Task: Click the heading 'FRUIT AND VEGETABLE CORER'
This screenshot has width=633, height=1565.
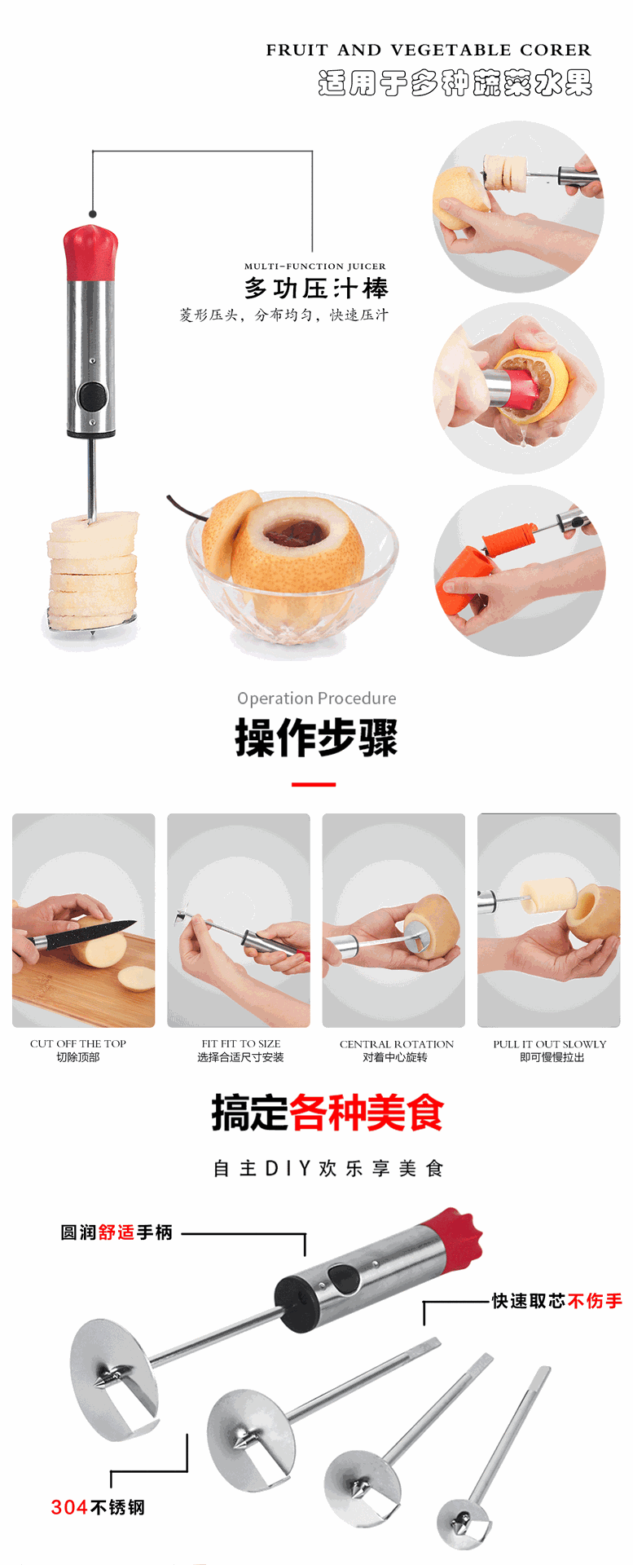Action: pyautogui.click(x=429, y=51)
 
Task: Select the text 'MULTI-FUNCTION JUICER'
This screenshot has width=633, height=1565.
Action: pyautogui.click(x=315, y=267)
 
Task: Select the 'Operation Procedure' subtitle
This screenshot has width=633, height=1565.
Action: pyautogui.click(x=317, y=699)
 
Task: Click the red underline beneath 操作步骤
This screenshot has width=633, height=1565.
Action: pyautogui.click(x=314, y=784)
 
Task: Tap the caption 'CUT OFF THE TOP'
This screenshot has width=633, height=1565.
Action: pyautogui.click(x=78, y=1043)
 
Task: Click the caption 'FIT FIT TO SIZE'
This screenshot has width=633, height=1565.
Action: pyautogui.click(x=241, y=1043)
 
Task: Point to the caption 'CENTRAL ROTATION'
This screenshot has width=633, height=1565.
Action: pyautogui.click(x=397, y=1044)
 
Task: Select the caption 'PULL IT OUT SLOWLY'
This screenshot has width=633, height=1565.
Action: pyautogui.click(x=550, y=1044)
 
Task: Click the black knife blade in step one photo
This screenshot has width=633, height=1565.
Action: pyautogui.click(x=90, y=935)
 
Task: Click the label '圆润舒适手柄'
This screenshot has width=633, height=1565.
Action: pyautogui.click(x=116, y=1232)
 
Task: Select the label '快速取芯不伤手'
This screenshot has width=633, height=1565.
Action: pyautogui.click(x=556, y=1301)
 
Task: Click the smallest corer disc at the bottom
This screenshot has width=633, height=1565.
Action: pyautogui.click(x=464, y=1521)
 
